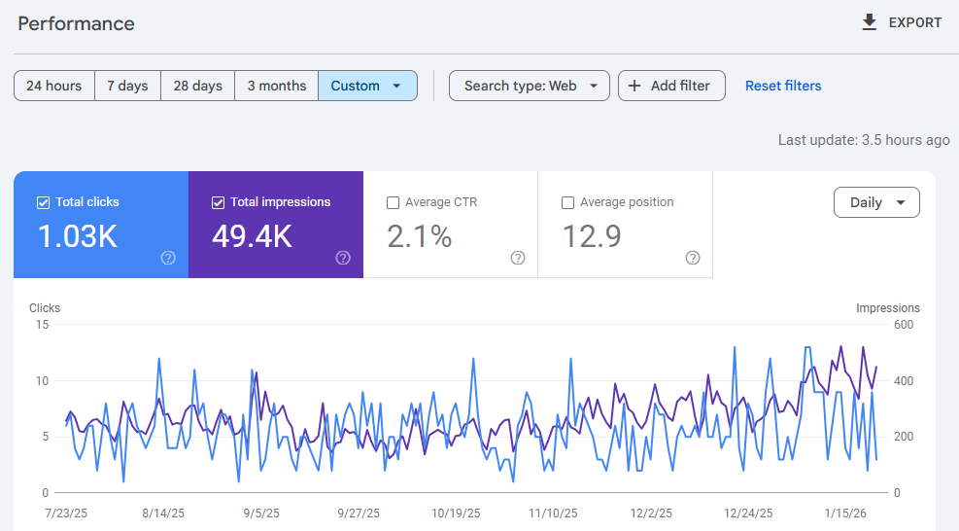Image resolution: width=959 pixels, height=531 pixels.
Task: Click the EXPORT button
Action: pyautogui.click(x=901, y=22)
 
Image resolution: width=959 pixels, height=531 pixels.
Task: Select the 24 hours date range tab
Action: pyautogui.click(x=54, y=86)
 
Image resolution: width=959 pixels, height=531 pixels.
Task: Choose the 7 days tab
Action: pyautogui.click(x=127, y=86)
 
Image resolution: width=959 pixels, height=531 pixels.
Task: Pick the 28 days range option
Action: pyautogui.click(x=197, y=86)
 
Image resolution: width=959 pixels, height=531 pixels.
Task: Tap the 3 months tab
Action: pyautogui.click(x=276, y=86)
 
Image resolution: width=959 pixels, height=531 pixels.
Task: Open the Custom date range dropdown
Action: pyautogui.click(x=366, y=86)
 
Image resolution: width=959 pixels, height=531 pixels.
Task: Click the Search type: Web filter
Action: pyautogui.click(x=529, y=86)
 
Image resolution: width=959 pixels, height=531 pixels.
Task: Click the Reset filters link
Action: pyautogui.click(x=783, y=86)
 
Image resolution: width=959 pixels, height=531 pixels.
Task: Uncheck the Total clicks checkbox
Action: pyautogui.click(x=43, y=202)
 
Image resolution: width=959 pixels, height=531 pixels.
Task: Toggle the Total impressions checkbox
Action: pyautogui.click(x=218, y=202)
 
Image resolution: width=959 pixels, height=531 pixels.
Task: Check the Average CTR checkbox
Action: pyautogui.click(x=393, y=202)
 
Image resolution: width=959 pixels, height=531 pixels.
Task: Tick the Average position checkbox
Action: pyautogui.click(x=567, y=202)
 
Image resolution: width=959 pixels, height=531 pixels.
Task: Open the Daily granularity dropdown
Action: pyautogui.click(x=876, y=202)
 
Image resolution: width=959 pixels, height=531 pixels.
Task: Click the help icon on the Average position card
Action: pyautogui.click(x=693, y=258)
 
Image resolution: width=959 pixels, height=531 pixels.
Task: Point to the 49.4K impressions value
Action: pyautogui.click(x=252, y=236)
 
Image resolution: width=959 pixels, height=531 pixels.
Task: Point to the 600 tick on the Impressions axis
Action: pyautogui.click(x=905, y=325)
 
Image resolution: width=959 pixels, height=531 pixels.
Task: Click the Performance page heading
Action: pyautogui.click(x=77, y=23)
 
